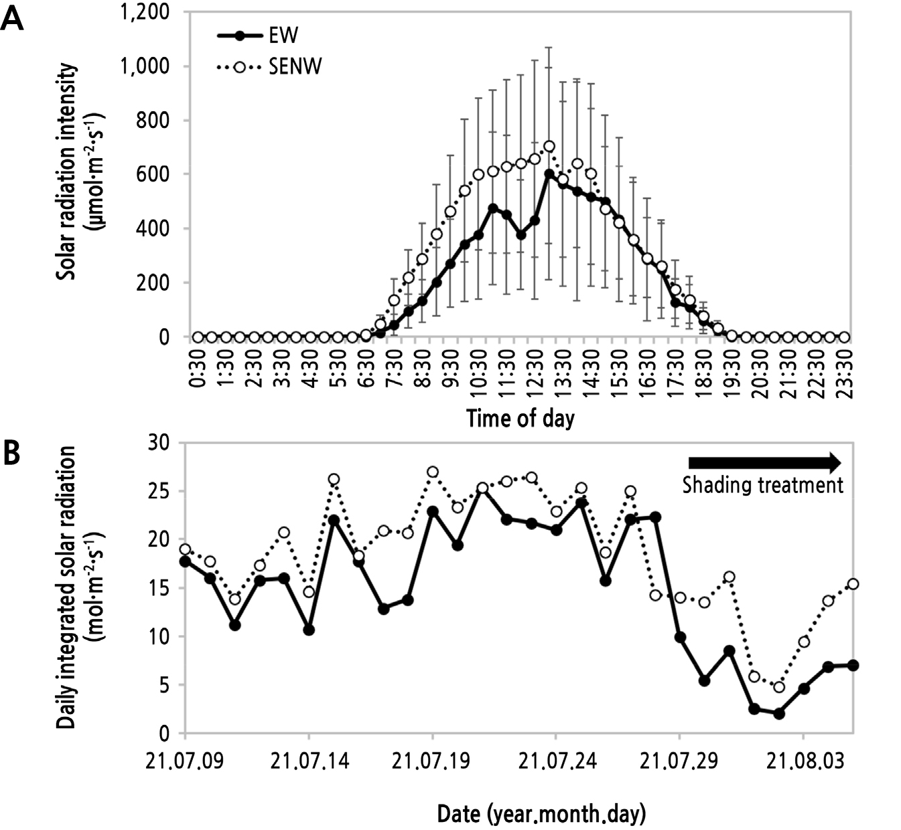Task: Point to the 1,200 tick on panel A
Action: (145, 13)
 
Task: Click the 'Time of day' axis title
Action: (520, 419)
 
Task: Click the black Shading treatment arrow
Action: (764, 462)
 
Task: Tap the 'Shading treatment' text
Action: (762, 484)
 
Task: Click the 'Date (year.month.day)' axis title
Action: (541, 814)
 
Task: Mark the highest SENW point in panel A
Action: (549, 146)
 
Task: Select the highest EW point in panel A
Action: (549, 174)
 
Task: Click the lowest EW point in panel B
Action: (778, 713)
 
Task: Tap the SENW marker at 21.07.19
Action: (433, 472)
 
